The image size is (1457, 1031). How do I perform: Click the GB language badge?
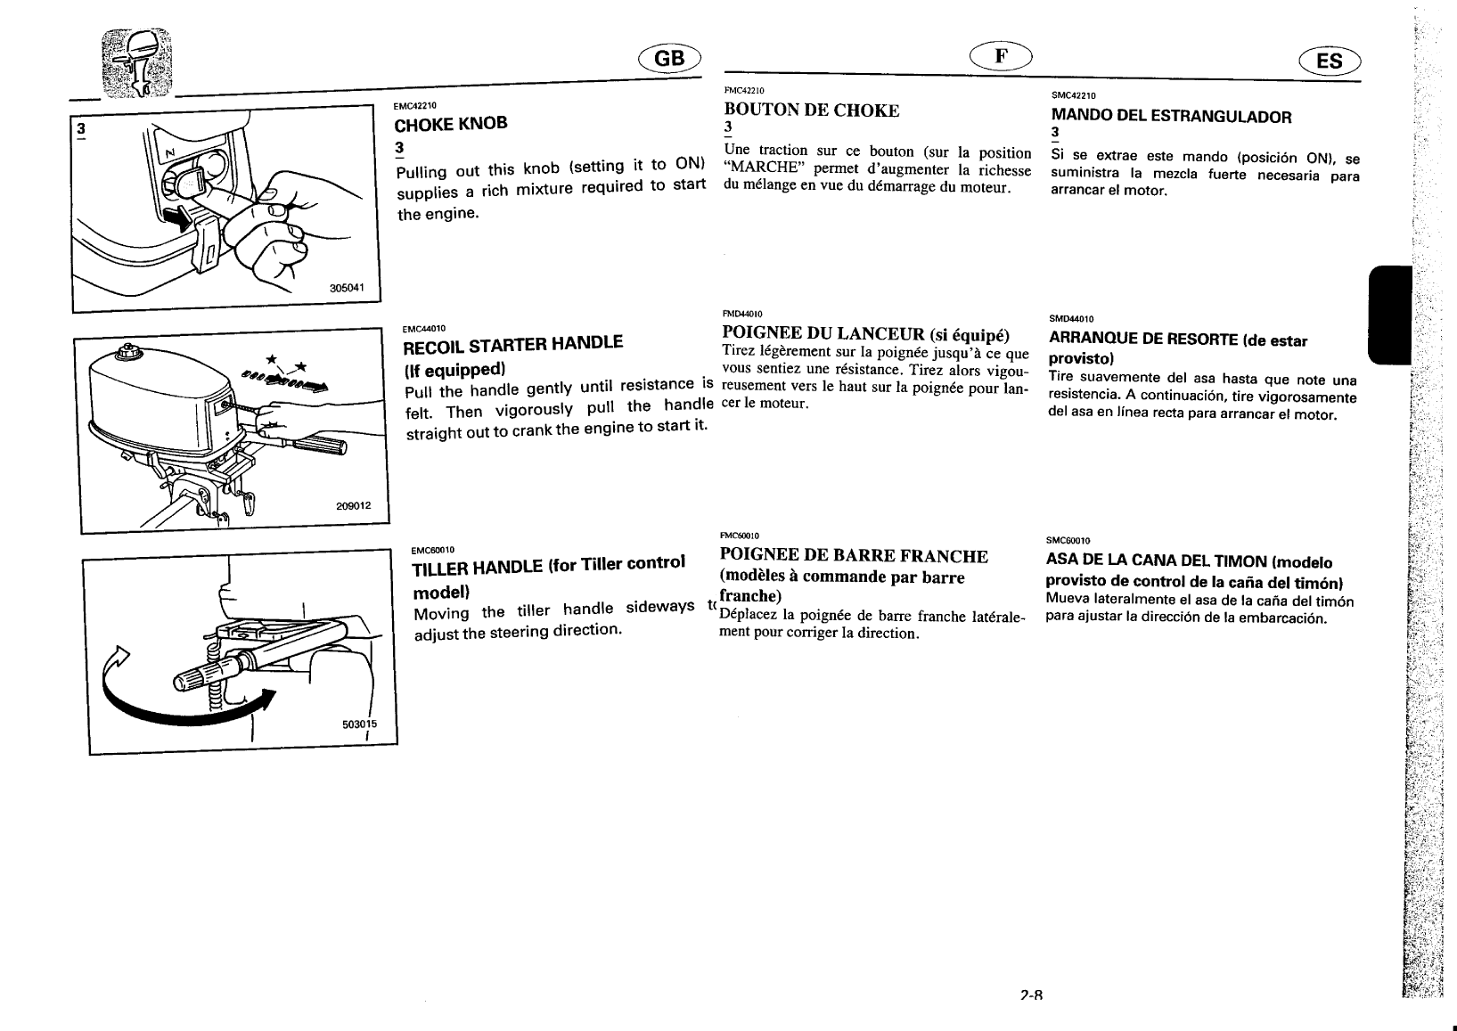coord(670,58)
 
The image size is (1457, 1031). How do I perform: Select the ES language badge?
coord(1329,61)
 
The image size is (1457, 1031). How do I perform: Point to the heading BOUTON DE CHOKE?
coord(812,110)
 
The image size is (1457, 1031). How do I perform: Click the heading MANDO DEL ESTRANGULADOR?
coord(1171,116)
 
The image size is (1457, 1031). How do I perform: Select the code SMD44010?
coord(1071,319)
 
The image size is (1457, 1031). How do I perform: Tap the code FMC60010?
coord(739,536)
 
